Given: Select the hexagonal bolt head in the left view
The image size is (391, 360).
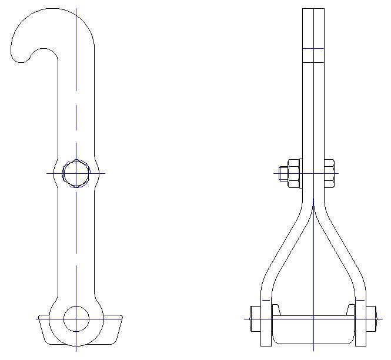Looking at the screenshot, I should pos(76,173).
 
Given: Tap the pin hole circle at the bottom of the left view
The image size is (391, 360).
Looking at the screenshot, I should pos(76,318).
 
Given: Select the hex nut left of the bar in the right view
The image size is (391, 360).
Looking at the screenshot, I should pos(294,173).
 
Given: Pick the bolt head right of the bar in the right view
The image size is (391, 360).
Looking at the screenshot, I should pos(329,173).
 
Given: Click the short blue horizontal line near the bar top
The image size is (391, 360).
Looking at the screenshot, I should pos(313,49).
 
